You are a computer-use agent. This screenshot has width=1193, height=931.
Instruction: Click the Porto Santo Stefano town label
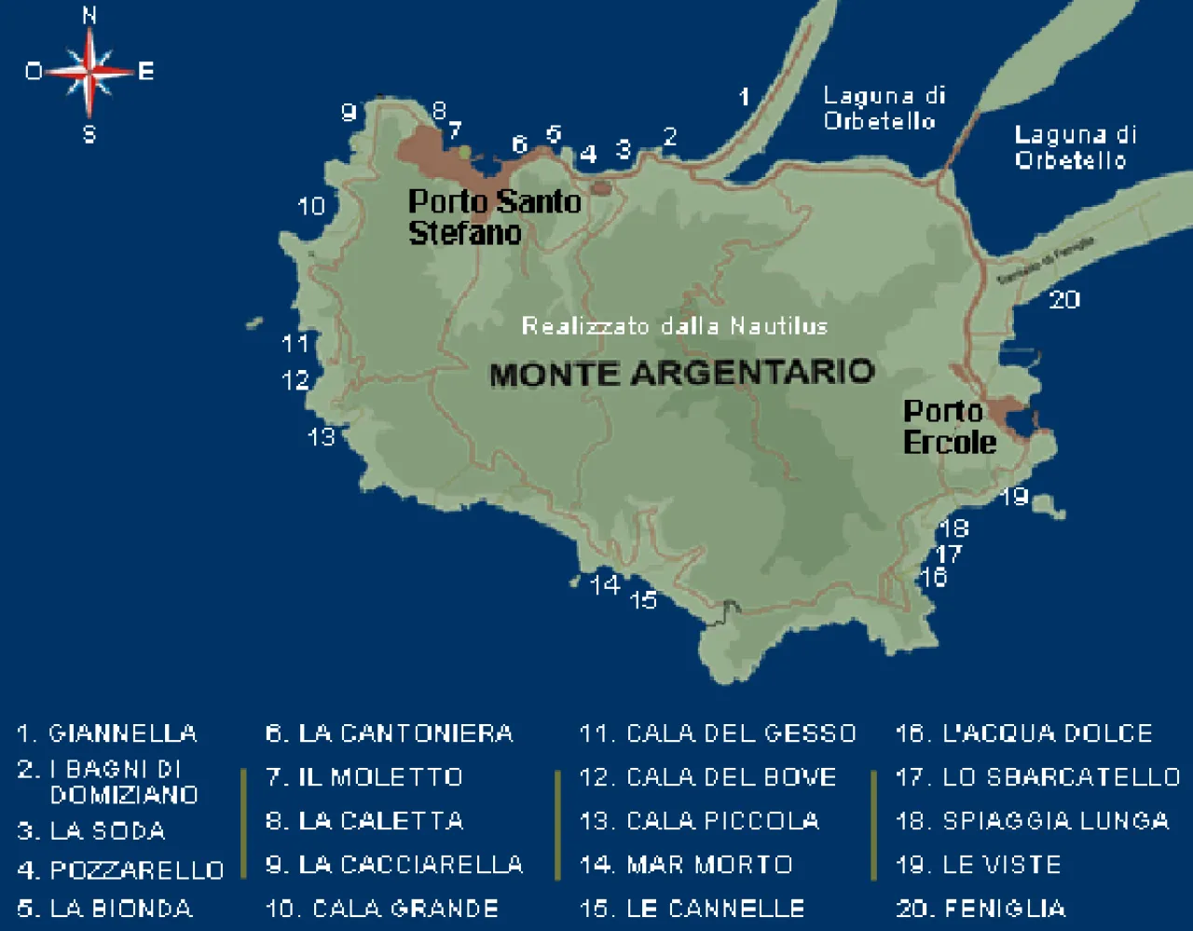point(494,216)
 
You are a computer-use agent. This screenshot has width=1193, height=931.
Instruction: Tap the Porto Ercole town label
point(949,427)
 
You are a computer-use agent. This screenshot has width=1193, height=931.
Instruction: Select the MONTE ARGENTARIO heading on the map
point(681,373)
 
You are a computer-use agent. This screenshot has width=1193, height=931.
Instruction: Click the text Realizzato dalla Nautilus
point(674,326)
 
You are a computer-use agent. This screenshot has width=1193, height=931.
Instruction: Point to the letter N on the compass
point(89,15)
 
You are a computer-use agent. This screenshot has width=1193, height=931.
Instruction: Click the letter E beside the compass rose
point(145,71)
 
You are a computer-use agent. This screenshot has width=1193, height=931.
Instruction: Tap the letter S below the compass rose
point(89,134)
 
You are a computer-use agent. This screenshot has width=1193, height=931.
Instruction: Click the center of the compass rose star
point(89,72)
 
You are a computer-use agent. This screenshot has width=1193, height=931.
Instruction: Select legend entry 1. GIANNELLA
point(107,733)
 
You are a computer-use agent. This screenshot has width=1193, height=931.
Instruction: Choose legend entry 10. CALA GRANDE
point(382,908)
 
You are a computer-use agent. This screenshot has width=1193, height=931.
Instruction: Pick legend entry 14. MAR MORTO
point(686,865)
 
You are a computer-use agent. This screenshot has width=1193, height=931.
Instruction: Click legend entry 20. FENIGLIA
point(980,908)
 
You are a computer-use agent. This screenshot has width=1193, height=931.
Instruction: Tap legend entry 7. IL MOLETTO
point(364,776)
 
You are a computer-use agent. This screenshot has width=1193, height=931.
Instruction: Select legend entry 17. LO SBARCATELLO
point(1037,776)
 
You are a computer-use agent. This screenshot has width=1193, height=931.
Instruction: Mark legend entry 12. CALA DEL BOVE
point(708,776)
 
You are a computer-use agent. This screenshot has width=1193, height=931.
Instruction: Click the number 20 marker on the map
point(1064,299)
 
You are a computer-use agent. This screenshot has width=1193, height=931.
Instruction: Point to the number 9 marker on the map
point(349,113)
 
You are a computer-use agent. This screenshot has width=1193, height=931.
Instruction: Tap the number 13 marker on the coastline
point(322,436)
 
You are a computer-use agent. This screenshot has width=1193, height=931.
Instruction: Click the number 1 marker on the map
point(744,96)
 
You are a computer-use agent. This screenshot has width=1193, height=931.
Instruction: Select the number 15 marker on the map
point(643,600)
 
